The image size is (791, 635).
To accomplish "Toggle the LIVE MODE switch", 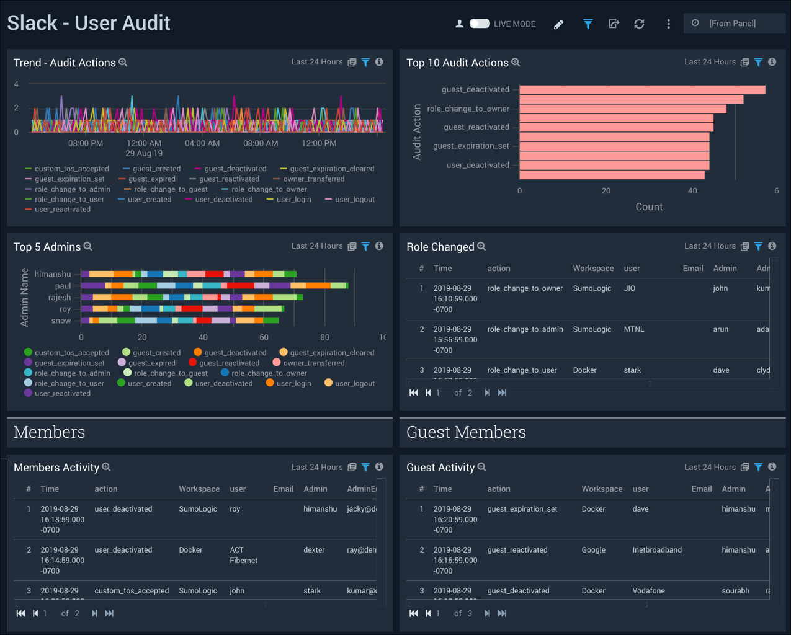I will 479,24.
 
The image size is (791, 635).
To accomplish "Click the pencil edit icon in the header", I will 558,24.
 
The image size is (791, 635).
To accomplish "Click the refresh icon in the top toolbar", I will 639,24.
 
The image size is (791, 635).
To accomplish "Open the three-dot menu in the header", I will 668,24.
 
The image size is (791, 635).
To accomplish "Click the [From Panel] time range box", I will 734,24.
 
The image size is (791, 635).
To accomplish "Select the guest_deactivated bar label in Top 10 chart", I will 475,89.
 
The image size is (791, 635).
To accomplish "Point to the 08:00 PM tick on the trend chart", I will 86,143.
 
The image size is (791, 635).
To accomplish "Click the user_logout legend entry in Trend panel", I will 355,200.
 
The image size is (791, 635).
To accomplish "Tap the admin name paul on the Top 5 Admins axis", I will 63,286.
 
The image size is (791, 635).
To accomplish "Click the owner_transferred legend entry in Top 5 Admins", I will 313,363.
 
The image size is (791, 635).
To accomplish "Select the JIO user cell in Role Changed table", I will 630,288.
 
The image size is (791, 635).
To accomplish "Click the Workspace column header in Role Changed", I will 593,269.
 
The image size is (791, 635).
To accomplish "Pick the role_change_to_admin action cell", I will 525,329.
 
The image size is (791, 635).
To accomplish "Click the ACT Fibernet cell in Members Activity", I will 243,555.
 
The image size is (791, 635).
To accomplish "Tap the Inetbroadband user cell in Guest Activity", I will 657,550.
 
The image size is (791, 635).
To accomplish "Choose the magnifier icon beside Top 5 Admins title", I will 88,247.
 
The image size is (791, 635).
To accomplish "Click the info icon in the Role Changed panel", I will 772,246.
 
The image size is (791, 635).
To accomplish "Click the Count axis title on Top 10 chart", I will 649,207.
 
